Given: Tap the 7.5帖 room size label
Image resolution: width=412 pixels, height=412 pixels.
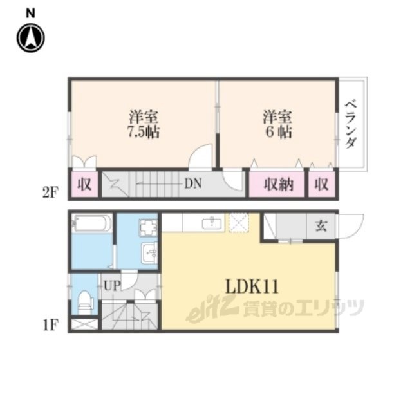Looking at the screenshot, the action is point(144,131).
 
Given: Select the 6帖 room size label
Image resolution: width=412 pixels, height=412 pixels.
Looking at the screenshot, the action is point(279,131).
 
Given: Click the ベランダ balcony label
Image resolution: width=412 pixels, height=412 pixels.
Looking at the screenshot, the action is point(351,124).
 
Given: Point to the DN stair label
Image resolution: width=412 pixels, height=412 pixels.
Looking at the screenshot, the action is point(193,183).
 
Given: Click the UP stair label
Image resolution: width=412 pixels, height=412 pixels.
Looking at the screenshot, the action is point(112,286).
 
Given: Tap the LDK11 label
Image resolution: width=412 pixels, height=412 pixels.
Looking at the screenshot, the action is point(252,286).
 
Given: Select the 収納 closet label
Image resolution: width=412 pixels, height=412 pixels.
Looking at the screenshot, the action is point(279,185).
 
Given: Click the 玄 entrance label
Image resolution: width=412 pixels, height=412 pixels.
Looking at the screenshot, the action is point(321,226).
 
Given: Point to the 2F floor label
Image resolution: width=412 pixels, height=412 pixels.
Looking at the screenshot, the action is point(50,193).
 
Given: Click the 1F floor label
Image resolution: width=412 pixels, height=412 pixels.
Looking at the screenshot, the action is point(50,325).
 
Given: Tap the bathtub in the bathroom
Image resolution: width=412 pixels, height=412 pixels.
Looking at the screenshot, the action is point(91,223).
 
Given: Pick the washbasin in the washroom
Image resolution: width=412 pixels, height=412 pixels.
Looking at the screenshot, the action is point(149,252).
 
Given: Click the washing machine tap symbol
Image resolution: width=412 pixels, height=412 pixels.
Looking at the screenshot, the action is point(148,227).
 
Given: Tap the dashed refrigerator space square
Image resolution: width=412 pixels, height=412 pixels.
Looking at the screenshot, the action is point(238,223).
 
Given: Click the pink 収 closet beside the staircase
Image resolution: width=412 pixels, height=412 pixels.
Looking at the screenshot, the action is point(84,184).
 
